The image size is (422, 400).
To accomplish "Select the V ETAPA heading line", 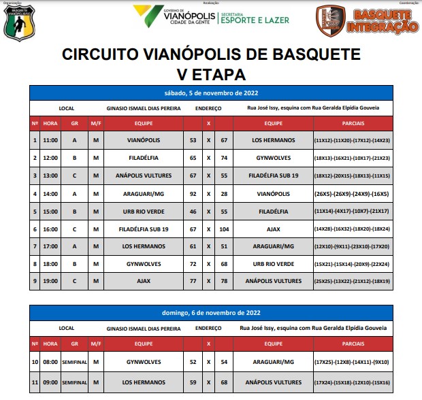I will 210,73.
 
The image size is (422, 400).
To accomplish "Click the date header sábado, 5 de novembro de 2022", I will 211,93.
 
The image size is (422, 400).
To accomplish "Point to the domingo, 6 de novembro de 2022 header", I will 211,312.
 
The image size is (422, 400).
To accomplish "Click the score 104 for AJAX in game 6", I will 223,229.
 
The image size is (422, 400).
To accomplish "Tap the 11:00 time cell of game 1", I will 50,140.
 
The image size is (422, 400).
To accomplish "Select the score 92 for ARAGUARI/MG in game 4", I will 193,193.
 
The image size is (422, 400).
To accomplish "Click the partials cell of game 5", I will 352,211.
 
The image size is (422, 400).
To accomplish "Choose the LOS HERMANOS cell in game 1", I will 273,140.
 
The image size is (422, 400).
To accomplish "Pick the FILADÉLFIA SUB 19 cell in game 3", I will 273,176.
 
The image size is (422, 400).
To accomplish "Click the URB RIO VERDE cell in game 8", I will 273,264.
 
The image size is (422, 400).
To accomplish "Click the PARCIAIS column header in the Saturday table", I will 352,123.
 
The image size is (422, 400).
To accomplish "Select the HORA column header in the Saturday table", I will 50,123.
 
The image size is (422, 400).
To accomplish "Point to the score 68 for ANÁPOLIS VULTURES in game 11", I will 223,382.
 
